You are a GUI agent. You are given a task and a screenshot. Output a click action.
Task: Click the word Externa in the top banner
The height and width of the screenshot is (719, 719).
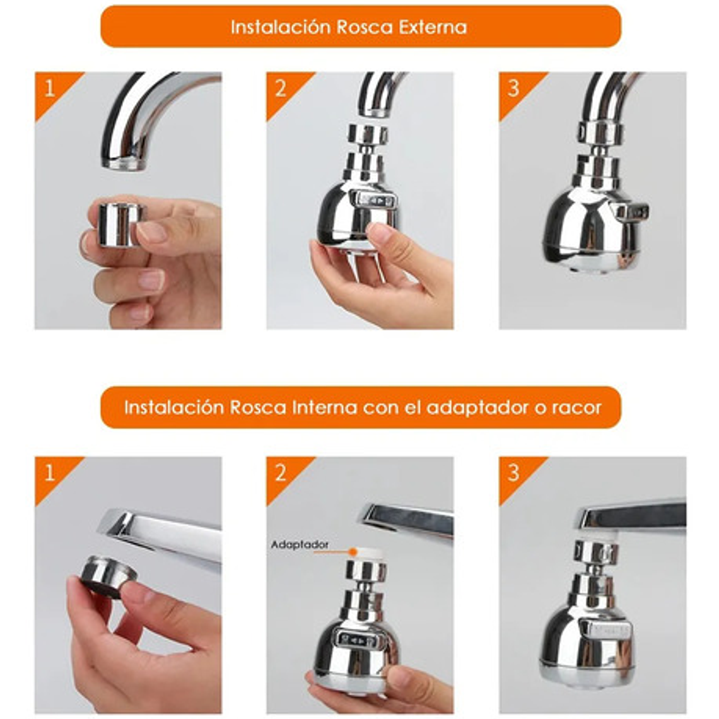[433, 27]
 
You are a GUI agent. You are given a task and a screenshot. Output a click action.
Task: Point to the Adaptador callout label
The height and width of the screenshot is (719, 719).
[300, 545]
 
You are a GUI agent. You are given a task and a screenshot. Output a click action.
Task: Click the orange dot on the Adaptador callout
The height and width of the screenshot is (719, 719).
[352, 552]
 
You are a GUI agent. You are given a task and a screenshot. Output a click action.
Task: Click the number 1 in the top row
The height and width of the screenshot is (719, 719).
[49, 88]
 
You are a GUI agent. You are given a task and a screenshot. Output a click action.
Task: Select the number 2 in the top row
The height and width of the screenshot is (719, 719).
[280, 88]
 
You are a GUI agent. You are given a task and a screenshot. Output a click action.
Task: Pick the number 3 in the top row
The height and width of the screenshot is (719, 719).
[513, 88]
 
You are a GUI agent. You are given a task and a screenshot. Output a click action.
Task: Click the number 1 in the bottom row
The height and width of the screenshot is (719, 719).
[49, 473]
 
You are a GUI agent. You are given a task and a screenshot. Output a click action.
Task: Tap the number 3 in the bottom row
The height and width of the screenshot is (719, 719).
[513, 473]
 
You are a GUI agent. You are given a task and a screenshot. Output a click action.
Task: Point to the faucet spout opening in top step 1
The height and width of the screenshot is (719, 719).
[124, 164]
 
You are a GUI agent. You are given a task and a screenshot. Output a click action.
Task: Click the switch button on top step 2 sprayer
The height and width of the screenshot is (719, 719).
[375, 201]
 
